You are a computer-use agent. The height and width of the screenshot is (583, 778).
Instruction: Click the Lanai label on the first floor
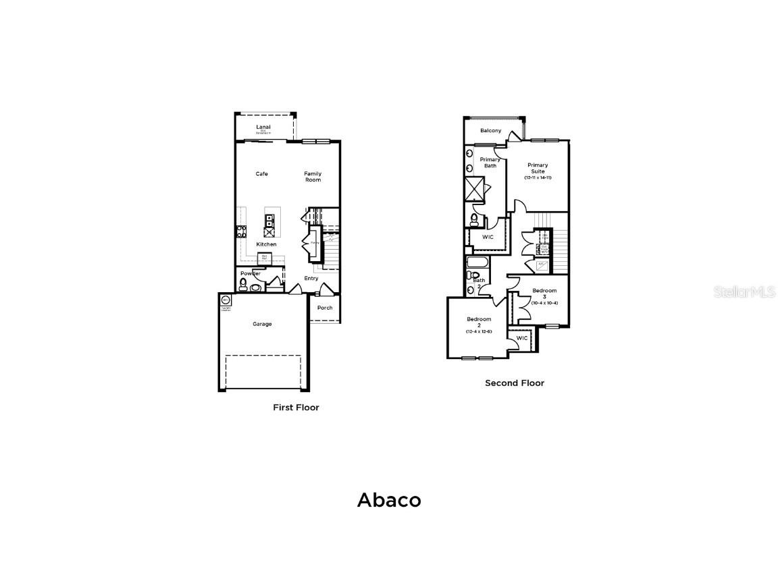point(263,127)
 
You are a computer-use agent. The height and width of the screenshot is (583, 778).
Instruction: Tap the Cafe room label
point(261,174)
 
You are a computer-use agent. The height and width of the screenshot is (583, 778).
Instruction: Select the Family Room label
point(312,177)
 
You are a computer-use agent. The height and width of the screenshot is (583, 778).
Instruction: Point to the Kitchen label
point(266,244)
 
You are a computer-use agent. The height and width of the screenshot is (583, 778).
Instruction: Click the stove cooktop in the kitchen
point(240,231)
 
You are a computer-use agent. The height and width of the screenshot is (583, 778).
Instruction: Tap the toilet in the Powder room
point(243,283)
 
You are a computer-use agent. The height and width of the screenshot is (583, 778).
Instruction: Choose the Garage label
point(262,324)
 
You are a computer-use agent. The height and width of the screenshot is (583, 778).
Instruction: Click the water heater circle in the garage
point(226,300)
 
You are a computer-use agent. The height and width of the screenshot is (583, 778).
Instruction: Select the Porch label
point(325,308)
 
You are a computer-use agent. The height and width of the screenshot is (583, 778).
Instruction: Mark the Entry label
point(311,278)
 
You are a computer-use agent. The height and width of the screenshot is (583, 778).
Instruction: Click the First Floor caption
point(296,408)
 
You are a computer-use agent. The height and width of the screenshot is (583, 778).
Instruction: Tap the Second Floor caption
point(514,383)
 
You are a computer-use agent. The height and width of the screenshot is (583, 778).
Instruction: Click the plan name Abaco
point(389,500)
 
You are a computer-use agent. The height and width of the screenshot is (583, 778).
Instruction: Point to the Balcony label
point(491,130)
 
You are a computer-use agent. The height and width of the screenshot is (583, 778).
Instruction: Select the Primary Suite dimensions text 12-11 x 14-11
point(538,177)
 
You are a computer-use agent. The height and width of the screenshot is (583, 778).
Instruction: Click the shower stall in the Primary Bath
point(475,189)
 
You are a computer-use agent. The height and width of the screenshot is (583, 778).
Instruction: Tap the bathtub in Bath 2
point(477,262)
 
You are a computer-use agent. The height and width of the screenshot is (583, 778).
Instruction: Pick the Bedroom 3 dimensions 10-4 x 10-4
point(544,303)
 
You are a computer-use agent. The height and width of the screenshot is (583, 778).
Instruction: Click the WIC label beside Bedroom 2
point(522,338)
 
